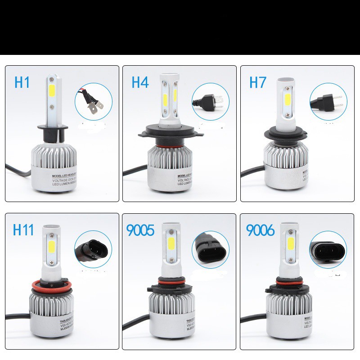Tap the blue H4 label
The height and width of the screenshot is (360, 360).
click(x=140, y=82)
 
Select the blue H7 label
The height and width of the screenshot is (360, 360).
click(x=258, y=82)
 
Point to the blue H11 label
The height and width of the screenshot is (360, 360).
click(x=23, y=229)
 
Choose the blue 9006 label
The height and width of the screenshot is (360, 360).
click(x=260, y=230)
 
